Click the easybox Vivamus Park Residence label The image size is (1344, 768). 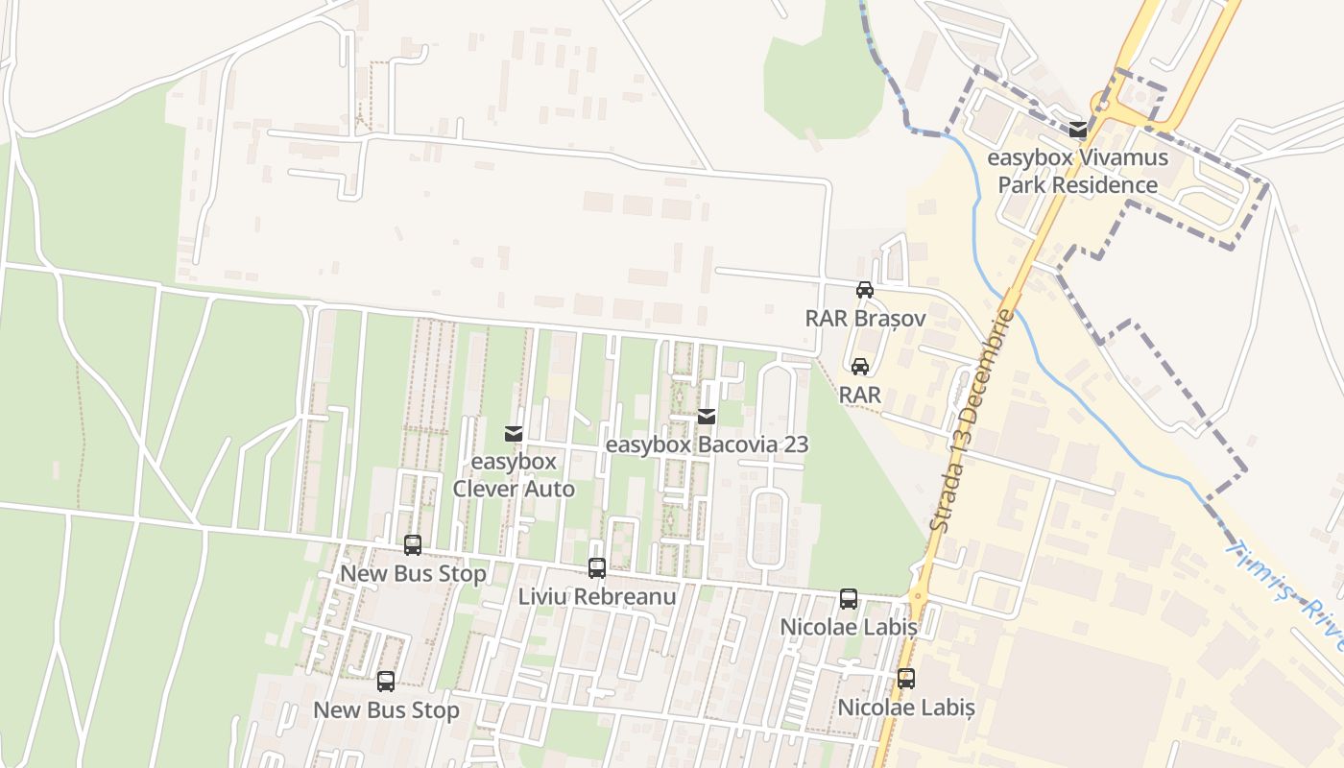(1078, 171)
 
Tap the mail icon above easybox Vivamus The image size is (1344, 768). (1078, 130)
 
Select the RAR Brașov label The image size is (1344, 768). (864, 318)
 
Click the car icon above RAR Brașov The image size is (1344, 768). (864, 290)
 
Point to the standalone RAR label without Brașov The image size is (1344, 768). (860, 395)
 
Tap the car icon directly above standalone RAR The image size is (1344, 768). (860, 367)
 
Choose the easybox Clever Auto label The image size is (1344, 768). (514, 475)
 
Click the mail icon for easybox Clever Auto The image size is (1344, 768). (514, 434)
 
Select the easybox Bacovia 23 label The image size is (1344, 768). (707, 444)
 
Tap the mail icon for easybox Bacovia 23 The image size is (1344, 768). (707, 417)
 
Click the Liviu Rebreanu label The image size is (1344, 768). (597, 596)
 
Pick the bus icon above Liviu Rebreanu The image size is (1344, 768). (597, 568)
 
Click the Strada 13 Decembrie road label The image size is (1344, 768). (972, 422)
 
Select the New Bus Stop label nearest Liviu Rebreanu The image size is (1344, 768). (413, 574)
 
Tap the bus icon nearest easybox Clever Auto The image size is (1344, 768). (413, 545)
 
